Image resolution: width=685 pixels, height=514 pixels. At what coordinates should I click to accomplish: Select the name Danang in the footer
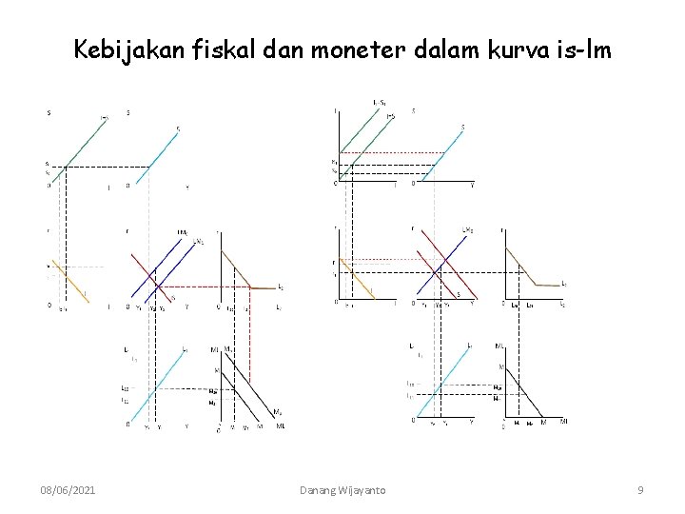point(322,489)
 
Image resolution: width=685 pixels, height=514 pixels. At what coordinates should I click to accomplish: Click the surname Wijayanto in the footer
point(367,489)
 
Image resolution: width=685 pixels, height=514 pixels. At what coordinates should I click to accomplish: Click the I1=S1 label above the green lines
point(380,103)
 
